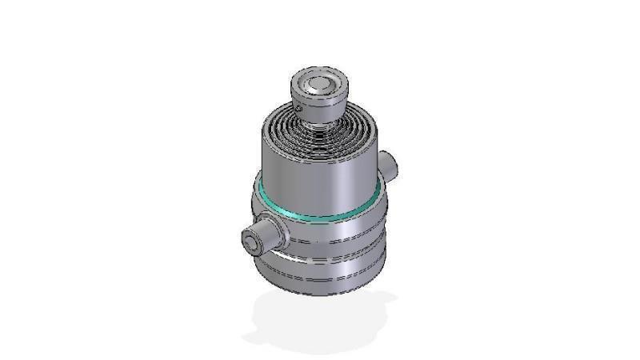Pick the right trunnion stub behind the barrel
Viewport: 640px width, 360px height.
(x=390, y=165)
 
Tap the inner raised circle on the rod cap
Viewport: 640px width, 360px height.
(x=319, y=83)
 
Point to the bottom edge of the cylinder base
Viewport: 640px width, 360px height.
(x=320, y=294)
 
